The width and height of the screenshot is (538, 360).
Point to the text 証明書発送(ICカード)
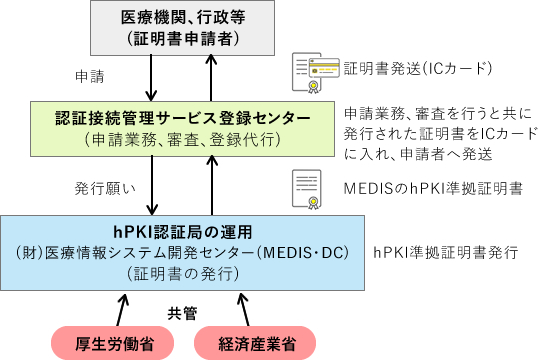[418, 69]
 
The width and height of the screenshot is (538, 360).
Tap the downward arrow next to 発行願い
[149, 183]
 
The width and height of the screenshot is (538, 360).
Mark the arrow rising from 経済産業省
[239, 307]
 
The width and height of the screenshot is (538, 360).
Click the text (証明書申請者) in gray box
[180, 39]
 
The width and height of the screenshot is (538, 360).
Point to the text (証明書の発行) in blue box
[180, 271]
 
